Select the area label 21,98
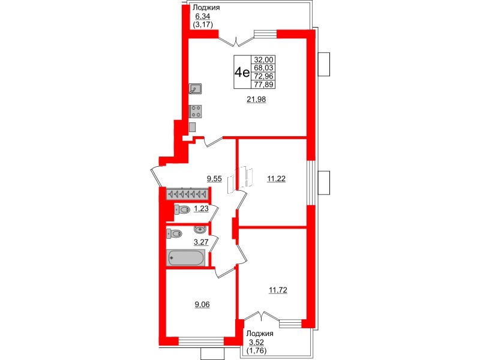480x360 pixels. click(x=257, y=100)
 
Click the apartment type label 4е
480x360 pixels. click(x=242, y=73)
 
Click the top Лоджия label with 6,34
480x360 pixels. click(x=208, y=8)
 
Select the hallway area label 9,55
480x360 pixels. click(x=215, y=178)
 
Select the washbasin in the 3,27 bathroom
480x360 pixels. click(x=200, y=229)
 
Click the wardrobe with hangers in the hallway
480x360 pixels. click(x=186, y=194)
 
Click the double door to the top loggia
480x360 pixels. click(x=236, y=40)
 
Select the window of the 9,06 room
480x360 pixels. click(x=201, y=341)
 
